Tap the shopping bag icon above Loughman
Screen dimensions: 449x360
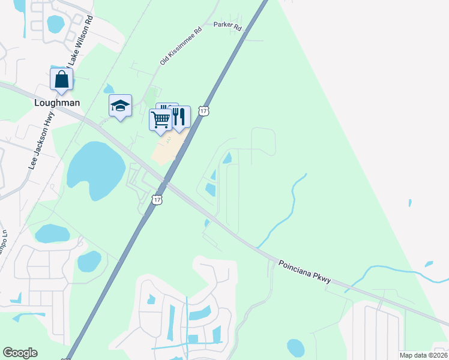61,79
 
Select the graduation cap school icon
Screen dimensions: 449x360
120,106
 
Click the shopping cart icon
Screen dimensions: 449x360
160,119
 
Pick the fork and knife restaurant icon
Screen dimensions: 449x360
179,116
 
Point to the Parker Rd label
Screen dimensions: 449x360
227,26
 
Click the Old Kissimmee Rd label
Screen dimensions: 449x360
181,46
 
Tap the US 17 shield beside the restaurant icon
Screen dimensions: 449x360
204,111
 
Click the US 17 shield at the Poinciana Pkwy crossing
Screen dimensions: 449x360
157,200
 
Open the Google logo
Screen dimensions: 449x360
20,353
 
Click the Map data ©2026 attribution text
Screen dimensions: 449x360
424,355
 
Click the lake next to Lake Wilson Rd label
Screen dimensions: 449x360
55,23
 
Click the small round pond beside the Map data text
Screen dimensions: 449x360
295,347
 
